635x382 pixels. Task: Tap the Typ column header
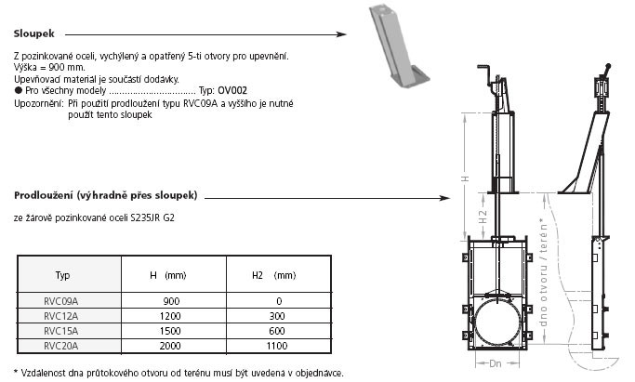(x=63, y=276)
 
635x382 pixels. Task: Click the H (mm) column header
(x=170, y=276)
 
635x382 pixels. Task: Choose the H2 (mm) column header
(x=274, y=276)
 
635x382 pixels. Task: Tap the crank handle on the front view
(x=488, y=79)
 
